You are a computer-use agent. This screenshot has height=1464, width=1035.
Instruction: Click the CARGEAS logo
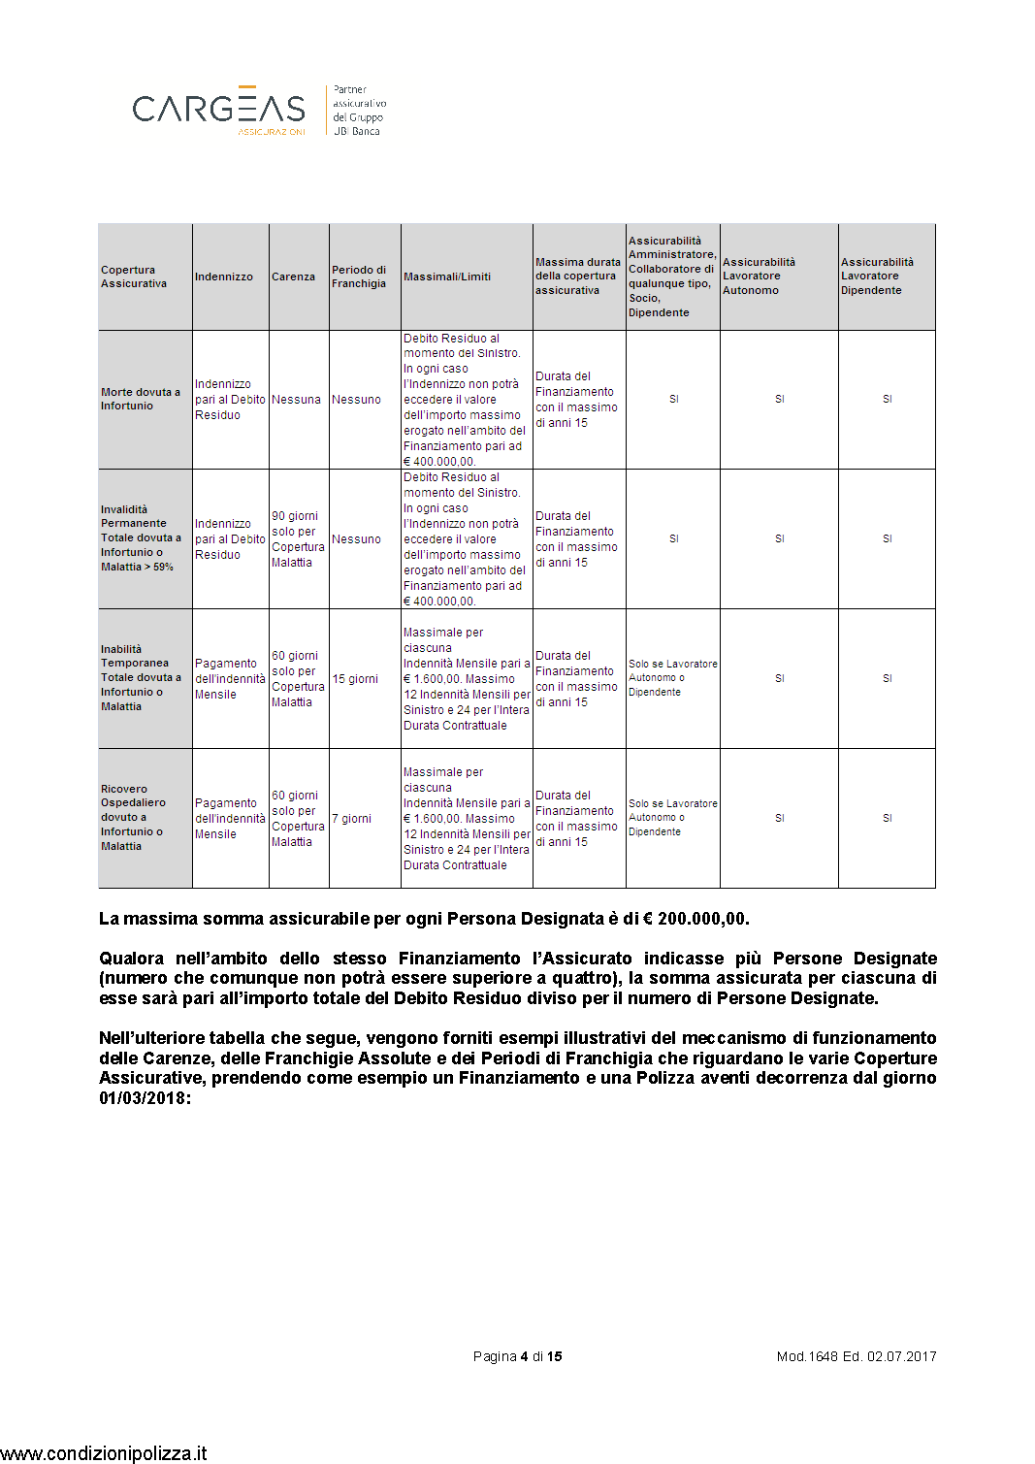click(219, 109)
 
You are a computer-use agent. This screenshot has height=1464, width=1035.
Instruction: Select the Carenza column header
click(293, 277)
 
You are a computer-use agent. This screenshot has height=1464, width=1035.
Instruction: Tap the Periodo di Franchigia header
click(359, 277)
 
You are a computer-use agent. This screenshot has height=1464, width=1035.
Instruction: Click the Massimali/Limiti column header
click(447, 277)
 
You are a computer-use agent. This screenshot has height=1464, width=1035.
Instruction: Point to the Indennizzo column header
click(224, 277)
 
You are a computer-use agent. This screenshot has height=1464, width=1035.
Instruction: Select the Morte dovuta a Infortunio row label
click(141, 399)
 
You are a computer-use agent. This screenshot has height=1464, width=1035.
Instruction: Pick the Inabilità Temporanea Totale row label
click(141, 677)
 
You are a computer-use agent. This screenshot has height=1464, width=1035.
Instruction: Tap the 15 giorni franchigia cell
click(355, 679)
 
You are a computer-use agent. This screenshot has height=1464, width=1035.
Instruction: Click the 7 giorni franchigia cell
click(352, 819)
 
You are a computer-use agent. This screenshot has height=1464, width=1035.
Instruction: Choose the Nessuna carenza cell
click(296, 400)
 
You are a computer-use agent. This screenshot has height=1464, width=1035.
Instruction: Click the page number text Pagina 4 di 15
click(517, 1356)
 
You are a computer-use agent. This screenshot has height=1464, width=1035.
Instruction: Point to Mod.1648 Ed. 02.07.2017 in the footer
click(857, 1356)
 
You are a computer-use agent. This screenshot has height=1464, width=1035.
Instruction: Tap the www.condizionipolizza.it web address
click(104, 1452)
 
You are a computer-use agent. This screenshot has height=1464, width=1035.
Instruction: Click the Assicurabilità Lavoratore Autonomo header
click(759, 277)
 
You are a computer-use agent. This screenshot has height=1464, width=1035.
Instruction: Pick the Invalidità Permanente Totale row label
click(141, 537)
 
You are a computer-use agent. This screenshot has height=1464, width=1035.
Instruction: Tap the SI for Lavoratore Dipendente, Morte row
click(887, 399)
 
